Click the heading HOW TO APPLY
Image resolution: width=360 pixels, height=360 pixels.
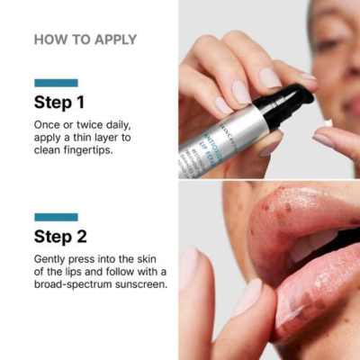pyautogui.click(x=85, y=40)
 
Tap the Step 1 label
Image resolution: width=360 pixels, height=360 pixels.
pyautogui.click(x=59, y=102)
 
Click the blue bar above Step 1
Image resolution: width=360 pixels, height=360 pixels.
pyautogui.click(x=56, y=82)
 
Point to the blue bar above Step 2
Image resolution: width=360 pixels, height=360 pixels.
pyautogui.click(x=56, y=217)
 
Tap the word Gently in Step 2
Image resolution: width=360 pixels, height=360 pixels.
pyautogui.click(x=54, y=258)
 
